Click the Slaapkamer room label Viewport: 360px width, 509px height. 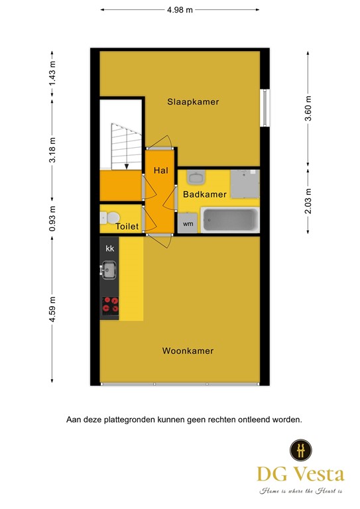pyautogui.click(x=193, y=102)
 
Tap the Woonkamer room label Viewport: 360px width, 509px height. pyautogui.click(x=188, y=351)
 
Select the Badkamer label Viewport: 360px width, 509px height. pyautogui.click(x=205, y=194)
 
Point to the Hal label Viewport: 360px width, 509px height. pyautogui.click(x=160, y=170)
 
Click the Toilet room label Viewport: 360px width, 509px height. pyautogui.click(x=127, y=227)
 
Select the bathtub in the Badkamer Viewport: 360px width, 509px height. pyautogui.click(x=229, y=220)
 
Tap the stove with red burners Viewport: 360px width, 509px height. pyautogui.click(x=110, y=305)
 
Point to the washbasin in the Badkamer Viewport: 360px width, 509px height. pyautogui.click(x=195, y=177)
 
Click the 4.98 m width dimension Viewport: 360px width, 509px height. pyautogui.click(x=180, y=10)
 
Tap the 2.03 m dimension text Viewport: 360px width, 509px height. pyautogui.click(x=308, y=199)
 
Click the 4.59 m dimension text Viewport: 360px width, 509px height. pyautogui.click(x=52, y=310)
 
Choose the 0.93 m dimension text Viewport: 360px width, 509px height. pyautogui.click(x=52, y=219)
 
